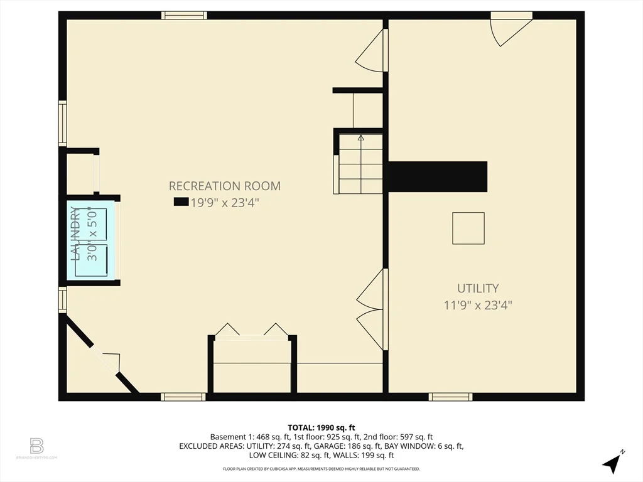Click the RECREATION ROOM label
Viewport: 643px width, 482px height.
[224, 186]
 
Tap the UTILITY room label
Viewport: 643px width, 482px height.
[478, 288]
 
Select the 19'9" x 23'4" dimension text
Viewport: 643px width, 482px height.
[225, 202]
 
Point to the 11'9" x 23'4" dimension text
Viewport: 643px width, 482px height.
[478, 305]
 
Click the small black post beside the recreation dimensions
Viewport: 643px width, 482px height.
[181, 202]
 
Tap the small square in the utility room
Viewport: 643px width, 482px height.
[468, 228]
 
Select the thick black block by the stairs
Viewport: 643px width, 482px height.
[438, 177]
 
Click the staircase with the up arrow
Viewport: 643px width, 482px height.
[360, 163]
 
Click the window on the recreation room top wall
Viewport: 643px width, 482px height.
[184, 16]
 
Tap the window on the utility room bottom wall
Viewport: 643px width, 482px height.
[450, 397]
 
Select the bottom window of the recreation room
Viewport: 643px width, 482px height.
[183, 397]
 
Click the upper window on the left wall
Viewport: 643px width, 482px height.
[62, 123]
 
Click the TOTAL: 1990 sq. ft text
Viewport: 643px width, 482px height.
[321, 427]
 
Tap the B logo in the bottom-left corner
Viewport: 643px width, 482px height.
[36, 446]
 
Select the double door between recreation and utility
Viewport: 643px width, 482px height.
[372, 309]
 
